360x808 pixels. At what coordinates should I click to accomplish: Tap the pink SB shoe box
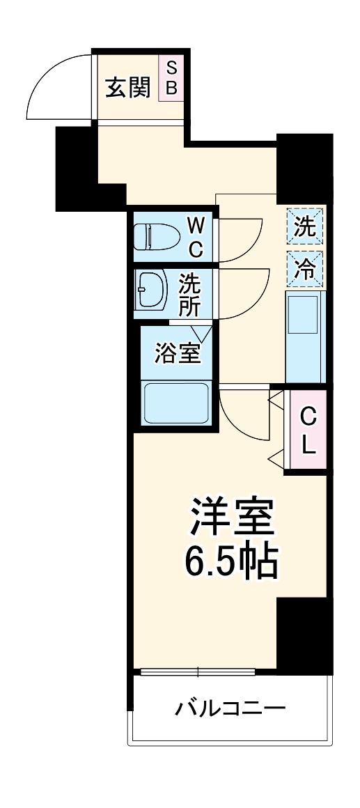[171, 79]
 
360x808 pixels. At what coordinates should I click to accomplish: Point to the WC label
[196, 237]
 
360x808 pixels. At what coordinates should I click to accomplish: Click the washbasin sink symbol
[152, 288]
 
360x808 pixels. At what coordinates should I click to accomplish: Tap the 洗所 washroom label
[190, 294]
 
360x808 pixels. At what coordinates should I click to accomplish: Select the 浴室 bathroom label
[178, 353]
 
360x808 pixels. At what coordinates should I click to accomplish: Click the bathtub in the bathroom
[176, 404]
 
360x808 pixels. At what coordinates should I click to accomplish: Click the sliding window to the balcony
[198, 672]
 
